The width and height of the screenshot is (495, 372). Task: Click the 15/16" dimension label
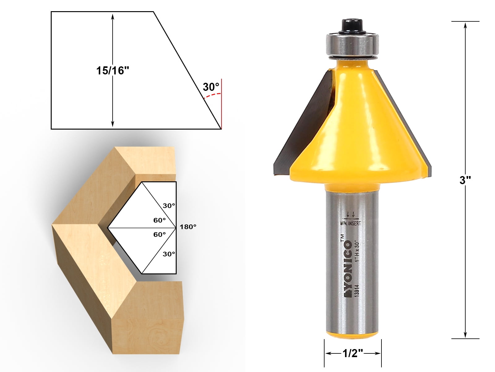pyautogui.click(x=112, y=71)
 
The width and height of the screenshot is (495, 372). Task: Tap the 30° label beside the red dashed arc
pyautogui.click(x=211, y=87)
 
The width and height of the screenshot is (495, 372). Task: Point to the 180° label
pyautogui.click(x=188, y=227)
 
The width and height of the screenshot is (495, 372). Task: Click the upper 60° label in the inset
pyautogui.click(x=160, y=220)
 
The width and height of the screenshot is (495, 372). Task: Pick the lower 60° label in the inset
pyautogui.click(x=160, y=235)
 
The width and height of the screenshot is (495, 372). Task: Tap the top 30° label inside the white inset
pyautogui.click(x=169, y=206)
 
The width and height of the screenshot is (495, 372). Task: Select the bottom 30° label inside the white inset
pyautogui.click(x=169, y=254)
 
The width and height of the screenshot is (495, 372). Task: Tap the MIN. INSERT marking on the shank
pyautogui.click(x=351, y=223)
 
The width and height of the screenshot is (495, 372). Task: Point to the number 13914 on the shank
pyautogui.click(x=357, y=291)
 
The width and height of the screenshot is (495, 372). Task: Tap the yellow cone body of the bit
pyautogui.click(x=353, y=130)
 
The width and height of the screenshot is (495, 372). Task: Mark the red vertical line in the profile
pyautogui.click(x=222, y=105)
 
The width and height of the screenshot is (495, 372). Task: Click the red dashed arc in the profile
pyautogui.click(x=213, y=95)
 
